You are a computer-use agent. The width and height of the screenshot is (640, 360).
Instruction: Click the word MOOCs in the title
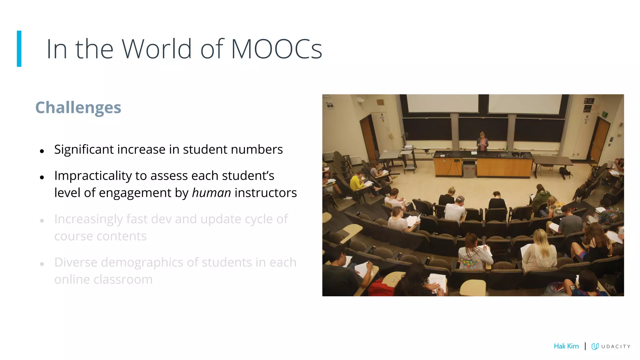click(x=276, y=49)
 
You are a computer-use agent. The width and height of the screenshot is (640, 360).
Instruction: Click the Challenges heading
click(x=78, y=107)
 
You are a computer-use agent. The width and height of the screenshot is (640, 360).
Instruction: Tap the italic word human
click(x=211, y=193)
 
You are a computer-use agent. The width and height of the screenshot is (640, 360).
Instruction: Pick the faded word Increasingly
click(x=88, y=219)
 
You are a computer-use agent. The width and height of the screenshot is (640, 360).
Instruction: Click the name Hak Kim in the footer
click(x=566, y=346)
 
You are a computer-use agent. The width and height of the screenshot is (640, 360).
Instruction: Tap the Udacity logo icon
click(x=595, y=346)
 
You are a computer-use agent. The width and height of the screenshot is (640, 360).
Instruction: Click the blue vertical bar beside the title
click(x=19, y=49)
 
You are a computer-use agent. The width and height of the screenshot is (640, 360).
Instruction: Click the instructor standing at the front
click(x=482, y=142)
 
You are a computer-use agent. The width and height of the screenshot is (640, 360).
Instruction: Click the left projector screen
click(x=442, y=103)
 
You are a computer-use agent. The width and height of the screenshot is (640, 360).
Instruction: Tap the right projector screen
click(x=525, y=104)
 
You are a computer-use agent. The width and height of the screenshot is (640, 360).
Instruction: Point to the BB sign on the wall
click(x=330, y=106)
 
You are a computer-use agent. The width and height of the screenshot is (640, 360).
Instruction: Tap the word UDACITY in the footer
click(x=616, y=347)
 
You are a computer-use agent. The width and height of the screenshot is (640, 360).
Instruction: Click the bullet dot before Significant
click(x=42, y=151)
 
